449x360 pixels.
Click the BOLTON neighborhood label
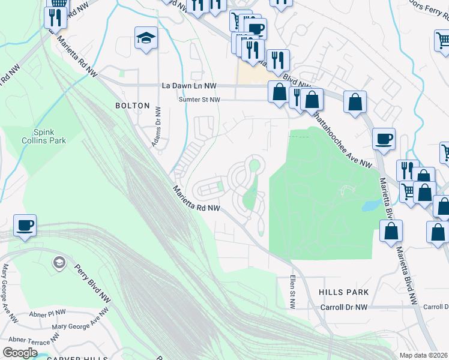(132, 106)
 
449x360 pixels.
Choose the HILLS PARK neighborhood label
(344, 292)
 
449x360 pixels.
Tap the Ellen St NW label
(292, 292)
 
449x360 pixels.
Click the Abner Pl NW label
(47, 313)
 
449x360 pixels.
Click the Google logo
(20, 352)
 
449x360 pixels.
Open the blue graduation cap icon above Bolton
(146, 38)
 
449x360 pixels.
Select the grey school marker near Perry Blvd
(59, 263)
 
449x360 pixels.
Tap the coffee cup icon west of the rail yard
(25, 226)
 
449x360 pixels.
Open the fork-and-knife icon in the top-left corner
(55, 17)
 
